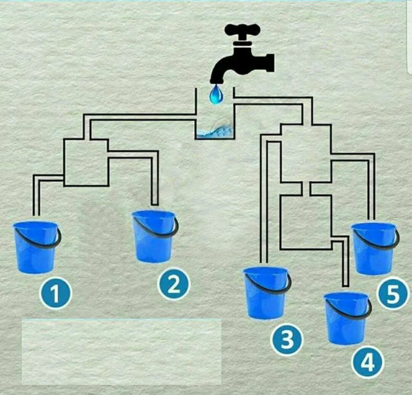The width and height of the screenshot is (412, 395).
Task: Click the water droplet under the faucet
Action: pos(216,94)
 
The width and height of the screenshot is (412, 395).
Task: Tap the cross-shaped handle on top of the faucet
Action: pos(242,29)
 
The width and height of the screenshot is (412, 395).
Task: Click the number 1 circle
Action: pos(56,293)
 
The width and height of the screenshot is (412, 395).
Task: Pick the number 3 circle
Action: pos(287,339)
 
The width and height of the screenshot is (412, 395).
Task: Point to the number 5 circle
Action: pos(393,294)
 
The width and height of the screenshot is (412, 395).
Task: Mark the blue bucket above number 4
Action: pos(347,318)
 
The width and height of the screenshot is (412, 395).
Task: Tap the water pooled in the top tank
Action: pos(214,132)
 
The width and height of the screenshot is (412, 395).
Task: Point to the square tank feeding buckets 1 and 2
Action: pos(86,163)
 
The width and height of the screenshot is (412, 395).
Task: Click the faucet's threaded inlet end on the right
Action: pos(270,63)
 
